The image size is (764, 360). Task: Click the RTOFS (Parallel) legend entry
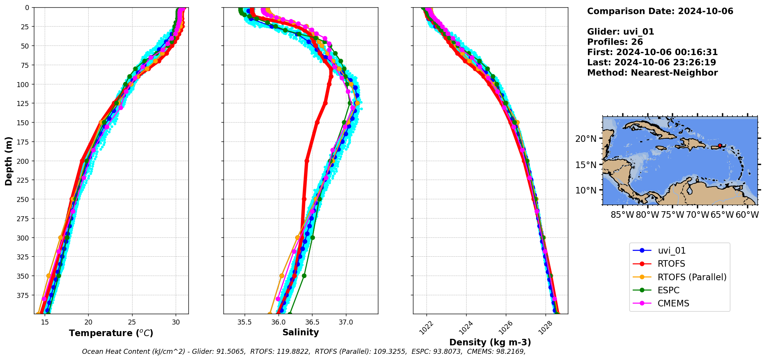[692, 277]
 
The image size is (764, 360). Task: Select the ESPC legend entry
[668, 290]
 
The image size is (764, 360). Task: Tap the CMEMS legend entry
[673, 303]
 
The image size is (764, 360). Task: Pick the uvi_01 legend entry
[672, 251]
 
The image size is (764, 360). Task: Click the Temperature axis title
[111, 333]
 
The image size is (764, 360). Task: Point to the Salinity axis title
[301, 332]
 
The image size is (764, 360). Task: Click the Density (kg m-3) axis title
[490, 342]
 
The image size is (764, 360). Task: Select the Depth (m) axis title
[8, 161]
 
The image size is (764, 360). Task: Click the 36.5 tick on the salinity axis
[312, 322]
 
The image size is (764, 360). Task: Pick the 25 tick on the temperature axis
[132, 322]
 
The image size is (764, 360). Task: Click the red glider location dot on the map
[720, 146]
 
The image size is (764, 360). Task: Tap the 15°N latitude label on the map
[586, 165]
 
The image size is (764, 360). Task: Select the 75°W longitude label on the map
[672, 215]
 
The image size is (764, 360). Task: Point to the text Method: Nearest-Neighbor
[652, 73]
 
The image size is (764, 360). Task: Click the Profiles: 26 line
[615, 42]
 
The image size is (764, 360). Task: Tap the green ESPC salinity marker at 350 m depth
[304, 276]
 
